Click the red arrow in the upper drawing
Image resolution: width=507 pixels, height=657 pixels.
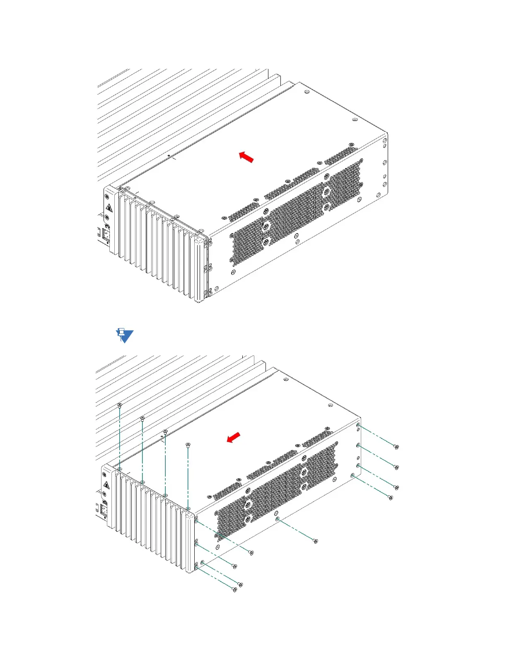[x=246, y=157]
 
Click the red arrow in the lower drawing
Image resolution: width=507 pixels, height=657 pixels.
[x=234, y=437]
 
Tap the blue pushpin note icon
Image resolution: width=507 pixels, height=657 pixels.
[x=124, y=335]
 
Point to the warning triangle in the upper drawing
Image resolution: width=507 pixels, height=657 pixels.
[x=109, y=208]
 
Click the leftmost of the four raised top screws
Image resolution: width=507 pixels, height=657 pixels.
[x=120, y=404]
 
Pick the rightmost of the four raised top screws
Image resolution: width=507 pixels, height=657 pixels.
[x=188, y=445]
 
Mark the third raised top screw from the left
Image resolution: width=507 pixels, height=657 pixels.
[x=165, y=431]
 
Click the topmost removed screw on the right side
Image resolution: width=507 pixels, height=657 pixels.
[x=396, y=447]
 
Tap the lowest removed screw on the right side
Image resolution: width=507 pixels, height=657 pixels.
[x=390, y=497]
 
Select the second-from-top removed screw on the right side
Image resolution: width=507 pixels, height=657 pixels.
[x=396, y=467]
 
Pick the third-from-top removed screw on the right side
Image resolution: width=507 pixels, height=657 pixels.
[x=396, y=487]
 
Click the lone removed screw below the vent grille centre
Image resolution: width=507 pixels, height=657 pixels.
[x=315, y=541]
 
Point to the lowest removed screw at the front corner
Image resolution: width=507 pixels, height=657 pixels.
[x=235, y=590]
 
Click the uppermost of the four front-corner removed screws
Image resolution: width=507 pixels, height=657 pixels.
[x=251, y=552]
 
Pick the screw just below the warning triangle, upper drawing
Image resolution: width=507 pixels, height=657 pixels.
[x=107, y=217]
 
